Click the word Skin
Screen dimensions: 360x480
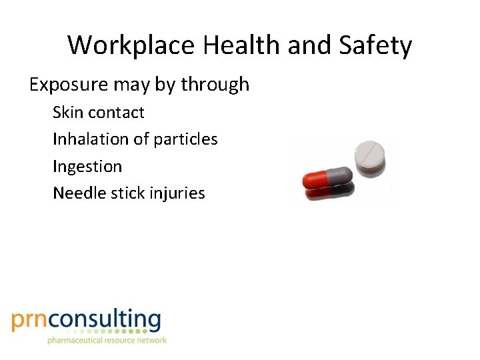pyautogui.click(x=67, y=112)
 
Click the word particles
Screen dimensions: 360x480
pyautogui.click(x=185, y=139)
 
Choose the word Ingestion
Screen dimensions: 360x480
pyautogui.click(x=87, y=167)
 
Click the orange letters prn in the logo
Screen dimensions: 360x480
pyautogui.click(x=31, y=321)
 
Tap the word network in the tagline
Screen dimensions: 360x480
pyautogui.click(x=150, y=340)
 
